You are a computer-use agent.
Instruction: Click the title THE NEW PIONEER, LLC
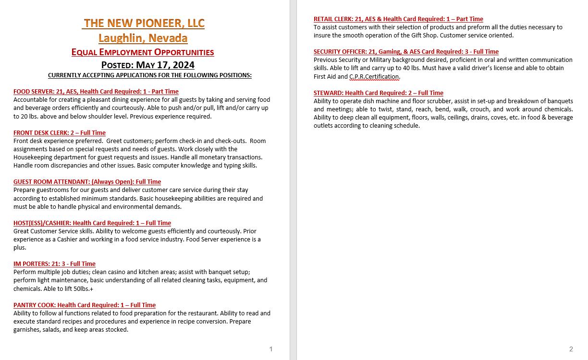point(144,23)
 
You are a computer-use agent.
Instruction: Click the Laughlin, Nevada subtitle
point(143,38)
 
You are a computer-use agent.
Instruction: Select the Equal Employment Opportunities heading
point(143,52)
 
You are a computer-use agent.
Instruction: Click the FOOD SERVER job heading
point(96,91)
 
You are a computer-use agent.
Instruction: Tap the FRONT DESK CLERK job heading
point(59,132)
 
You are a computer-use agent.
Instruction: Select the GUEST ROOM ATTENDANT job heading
point(87,181)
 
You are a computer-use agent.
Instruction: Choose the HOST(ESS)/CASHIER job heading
point(92,223)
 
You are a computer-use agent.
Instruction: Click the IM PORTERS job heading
point(54,264)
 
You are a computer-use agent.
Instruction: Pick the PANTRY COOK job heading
point(84,305)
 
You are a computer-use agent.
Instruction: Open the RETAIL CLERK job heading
point(398,19)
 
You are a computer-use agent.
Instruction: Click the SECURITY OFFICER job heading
point(406,52)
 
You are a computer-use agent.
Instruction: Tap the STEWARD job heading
point(378,93)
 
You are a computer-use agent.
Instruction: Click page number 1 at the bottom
point(271,349)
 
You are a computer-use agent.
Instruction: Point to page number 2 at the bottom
point(571,349)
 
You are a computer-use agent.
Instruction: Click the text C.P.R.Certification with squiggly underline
point(374,76)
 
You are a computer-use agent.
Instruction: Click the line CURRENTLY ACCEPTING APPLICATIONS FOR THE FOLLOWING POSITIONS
point(149,75)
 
